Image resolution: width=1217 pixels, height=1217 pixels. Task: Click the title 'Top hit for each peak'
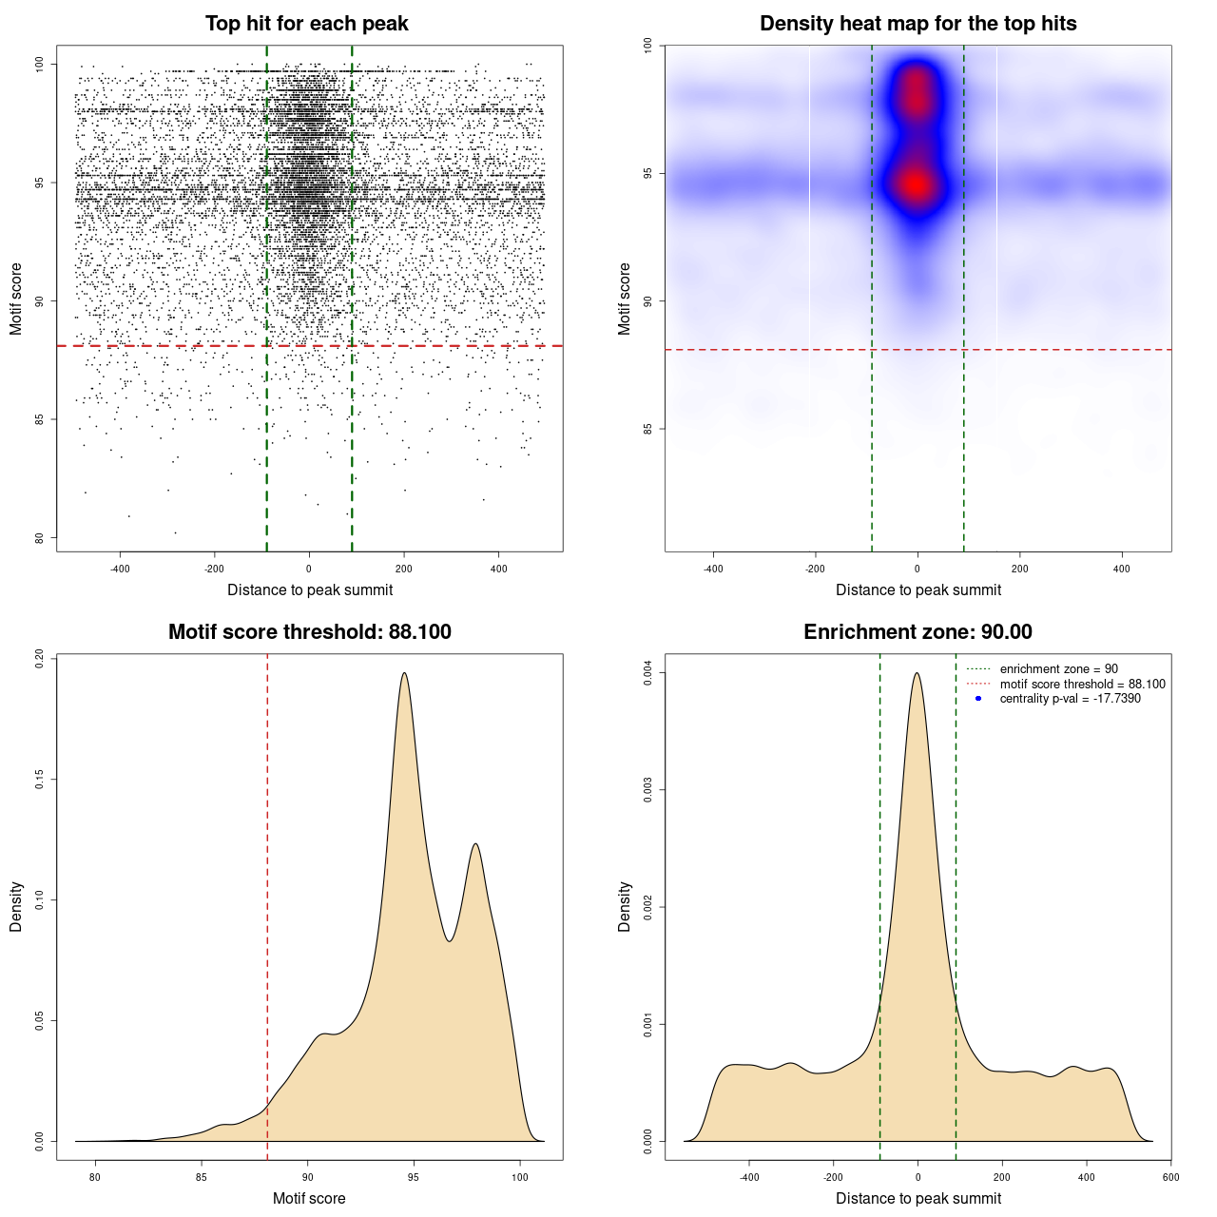point(306,24)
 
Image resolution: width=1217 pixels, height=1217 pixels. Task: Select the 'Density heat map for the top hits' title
point(918,24)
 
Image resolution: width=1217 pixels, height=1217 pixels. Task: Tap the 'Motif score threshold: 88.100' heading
point(309,632)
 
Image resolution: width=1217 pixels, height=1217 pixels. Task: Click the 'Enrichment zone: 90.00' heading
point(918,632)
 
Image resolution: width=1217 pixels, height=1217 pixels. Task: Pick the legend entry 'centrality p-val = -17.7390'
point(1070,699)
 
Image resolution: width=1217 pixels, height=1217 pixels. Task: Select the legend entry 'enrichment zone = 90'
point(1058,669)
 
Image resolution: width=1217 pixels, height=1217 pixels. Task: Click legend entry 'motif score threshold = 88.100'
point(1082,685)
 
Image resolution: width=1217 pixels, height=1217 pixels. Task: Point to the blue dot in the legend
point(978,699)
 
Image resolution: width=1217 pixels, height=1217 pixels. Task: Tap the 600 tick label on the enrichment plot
point(1170,1177)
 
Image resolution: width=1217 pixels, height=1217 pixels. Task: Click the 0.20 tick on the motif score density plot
point(39,659)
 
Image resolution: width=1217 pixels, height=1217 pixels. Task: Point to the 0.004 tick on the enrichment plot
point(647,673)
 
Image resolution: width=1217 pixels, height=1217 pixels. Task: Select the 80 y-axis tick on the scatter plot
point(39,538)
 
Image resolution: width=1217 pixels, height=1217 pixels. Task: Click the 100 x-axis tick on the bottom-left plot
point(519,1177)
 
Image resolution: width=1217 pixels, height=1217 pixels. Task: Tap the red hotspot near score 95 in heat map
point(916,184)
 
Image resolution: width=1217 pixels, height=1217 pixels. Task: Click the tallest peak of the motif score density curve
point(405,674)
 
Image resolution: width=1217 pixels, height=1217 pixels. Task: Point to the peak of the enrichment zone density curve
point(917,674)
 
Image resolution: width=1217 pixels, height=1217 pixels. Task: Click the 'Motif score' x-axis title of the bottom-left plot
point(309,1198)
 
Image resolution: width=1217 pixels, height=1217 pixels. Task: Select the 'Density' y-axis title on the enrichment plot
point(625,906)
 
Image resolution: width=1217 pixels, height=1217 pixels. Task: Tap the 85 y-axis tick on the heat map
point(647,429)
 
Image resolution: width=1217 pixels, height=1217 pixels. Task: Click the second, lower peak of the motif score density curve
point(475,844)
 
